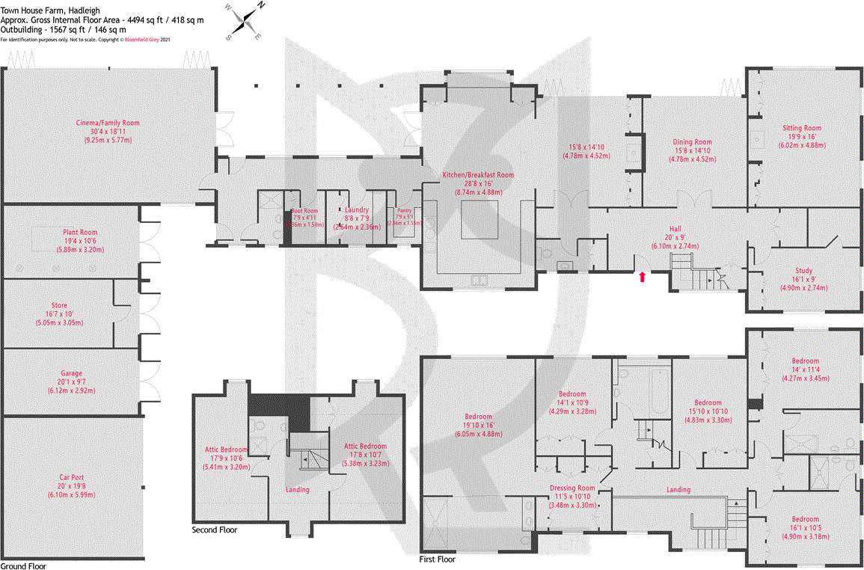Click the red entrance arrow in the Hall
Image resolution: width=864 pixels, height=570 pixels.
[x=642, y=278]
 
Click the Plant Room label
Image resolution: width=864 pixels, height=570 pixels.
[x=80, y=232]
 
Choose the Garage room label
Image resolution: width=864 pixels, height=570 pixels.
[x=72, y=373]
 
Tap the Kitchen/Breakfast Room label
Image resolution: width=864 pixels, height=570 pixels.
[x=479, y=174]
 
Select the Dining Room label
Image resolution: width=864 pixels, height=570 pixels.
[x=692, y=141]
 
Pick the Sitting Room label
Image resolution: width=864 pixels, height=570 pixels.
[x=802, y=128]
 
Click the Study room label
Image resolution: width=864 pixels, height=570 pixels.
[x=804, y=271]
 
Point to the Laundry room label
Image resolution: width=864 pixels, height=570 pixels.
[x=356, y=210]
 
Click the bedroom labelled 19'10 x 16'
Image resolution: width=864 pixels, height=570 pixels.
[x=478, y=417]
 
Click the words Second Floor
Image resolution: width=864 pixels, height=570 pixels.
[x=215, y=530]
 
